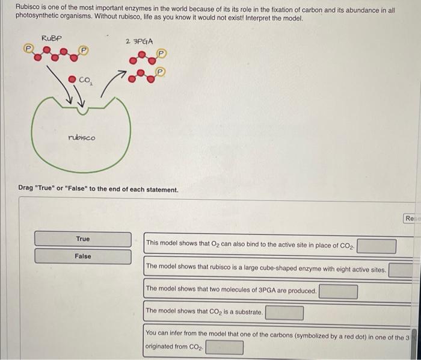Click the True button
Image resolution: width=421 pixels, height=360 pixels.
[x=82, y=239]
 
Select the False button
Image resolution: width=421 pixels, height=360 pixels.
[x=82, y=256]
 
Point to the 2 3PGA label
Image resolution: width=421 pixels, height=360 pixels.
[x=139, y=41]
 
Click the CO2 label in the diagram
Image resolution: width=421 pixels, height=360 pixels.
[x=84, y=80]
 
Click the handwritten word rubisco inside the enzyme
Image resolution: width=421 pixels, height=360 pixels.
[x=81, y=137]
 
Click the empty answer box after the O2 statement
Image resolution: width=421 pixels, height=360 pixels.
[x=377, y=246]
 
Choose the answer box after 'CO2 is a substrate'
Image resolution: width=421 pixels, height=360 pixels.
[x=284, y=312]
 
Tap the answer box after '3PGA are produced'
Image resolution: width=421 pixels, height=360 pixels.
[x=338, y=291]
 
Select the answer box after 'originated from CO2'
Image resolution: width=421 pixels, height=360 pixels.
[x=224, y=347]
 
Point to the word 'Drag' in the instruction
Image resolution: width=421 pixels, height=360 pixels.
[x=26, y=188]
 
